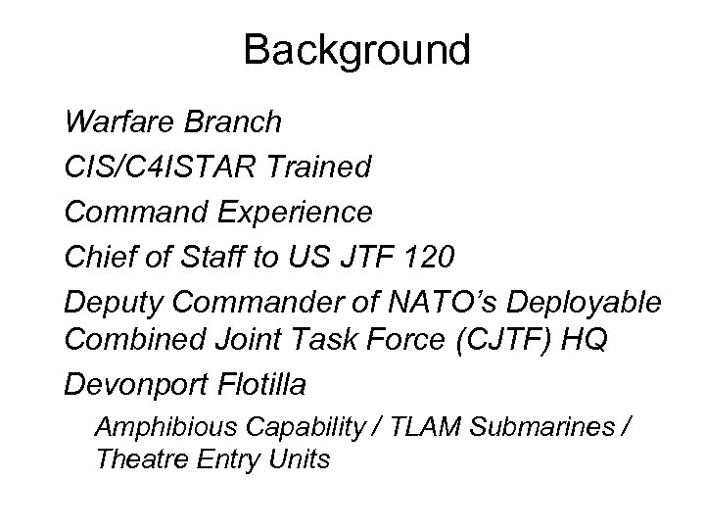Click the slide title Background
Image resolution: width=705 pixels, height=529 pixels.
356,49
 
